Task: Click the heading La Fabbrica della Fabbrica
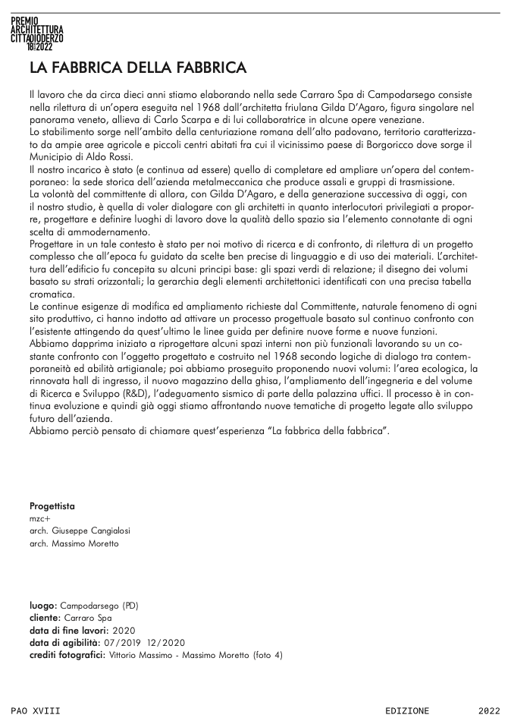click(138, 68)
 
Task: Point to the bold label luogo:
click(42, 606)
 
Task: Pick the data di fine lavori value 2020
click(124, 630)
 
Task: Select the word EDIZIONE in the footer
click(406, 710)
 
